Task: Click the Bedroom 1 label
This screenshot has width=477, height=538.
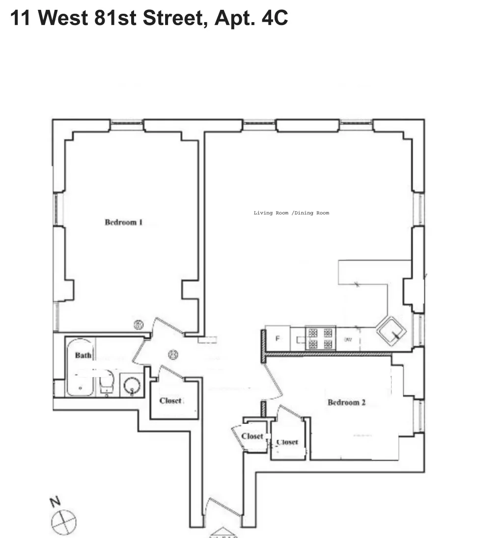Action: click(x=123, y=222)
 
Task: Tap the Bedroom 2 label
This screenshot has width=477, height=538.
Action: click(x=346, y=403)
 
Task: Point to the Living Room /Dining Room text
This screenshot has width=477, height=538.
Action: click(x=291, y=213)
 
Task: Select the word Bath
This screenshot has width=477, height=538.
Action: click(x=83, y=355)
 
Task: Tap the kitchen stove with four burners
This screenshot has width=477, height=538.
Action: click(x=320, y=338)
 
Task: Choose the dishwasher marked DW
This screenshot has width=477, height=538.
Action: click(x=348, y=339)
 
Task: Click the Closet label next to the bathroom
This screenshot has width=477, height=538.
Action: click(x=170, y=401)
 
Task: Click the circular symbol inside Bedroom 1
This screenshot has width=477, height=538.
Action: click(x=139, y=325)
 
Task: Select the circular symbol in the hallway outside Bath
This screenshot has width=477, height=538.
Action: click(x=173, y=354)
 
